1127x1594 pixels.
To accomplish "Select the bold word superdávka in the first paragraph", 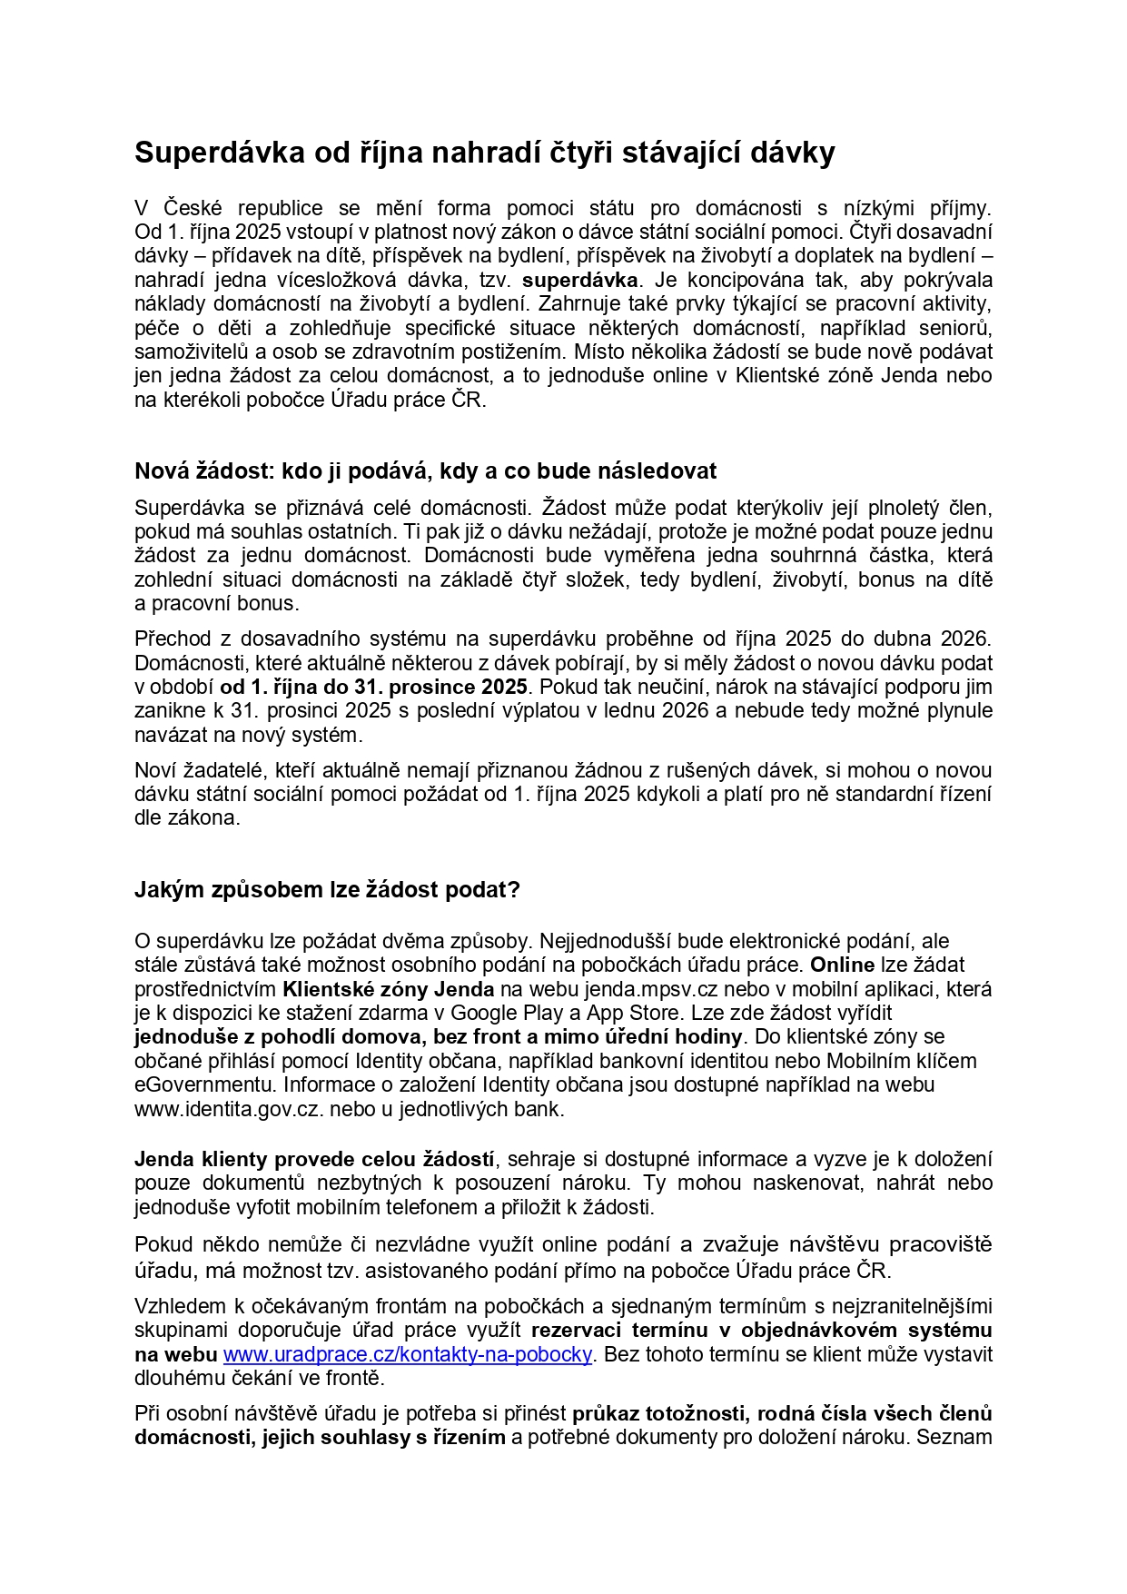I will (x=580, y=280).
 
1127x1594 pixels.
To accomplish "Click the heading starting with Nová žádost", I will (x=425, y=470).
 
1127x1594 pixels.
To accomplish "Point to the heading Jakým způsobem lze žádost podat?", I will (x=327, y=889).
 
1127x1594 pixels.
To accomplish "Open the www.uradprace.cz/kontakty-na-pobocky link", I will (x=408, y=1354).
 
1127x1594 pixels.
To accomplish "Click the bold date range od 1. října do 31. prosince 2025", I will (x=373, y=687).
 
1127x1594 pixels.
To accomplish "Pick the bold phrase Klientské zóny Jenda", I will (x=389, y=989).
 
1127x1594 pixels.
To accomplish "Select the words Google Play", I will (x=502, y=1013).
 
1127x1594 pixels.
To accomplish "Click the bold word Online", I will (x=842, y=965).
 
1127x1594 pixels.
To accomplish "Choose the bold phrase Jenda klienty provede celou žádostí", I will (x=314, y=1159).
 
